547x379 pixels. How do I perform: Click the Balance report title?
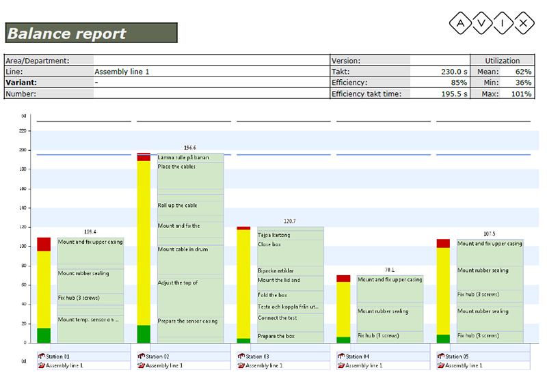tap(67, 33)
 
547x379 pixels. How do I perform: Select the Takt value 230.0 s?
tap(451, 72)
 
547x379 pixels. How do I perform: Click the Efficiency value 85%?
tap(459, 83)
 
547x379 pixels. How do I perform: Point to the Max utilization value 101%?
tap(523, 94)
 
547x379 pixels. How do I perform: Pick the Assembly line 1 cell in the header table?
tap(122, 72)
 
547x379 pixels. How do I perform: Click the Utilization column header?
tap(502, 61)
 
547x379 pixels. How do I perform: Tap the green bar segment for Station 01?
tap(44, 335)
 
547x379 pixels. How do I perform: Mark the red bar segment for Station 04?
tap(343, 279)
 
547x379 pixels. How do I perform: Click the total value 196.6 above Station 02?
tap(190, 148)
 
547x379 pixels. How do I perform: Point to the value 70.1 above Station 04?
tap(390, 270)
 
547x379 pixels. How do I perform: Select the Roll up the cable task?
tap(178, 206)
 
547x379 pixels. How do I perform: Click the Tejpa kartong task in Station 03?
tap(274, 235)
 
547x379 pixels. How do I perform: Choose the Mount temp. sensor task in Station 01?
tap(89, 320)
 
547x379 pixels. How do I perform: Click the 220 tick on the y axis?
tap(23, 130)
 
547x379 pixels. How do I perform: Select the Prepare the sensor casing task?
tap(188, 321)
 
